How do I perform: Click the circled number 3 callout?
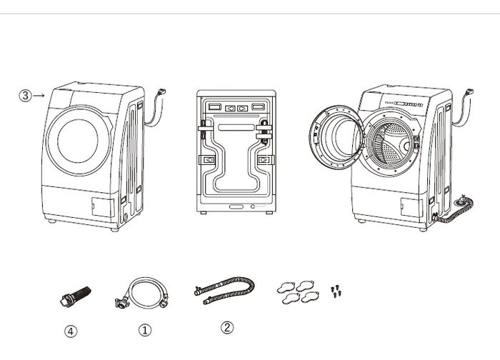pyautogui.click(x=25, y=95)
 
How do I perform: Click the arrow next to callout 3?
pyautogui.click(x=39, y=95)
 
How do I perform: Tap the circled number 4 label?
pyautogui.click(x=71, y=331)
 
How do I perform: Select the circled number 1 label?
pyautogui.click(x=145, y=330)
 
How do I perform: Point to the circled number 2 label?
pyautogui.click(x=227, y=327)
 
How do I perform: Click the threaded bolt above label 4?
pyautogui.click(x=75, y=296)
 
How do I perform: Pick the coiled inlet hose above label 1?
pyautogui.click(x=142, y=294)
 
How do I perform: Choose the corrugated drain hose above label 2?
pyautogui.click(x=225, y=289)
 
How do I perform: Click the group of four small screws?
pyautogui.click(x=336, y=291)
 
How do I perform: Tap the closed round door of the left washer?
pyautogui.click(x=79, y=140)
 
